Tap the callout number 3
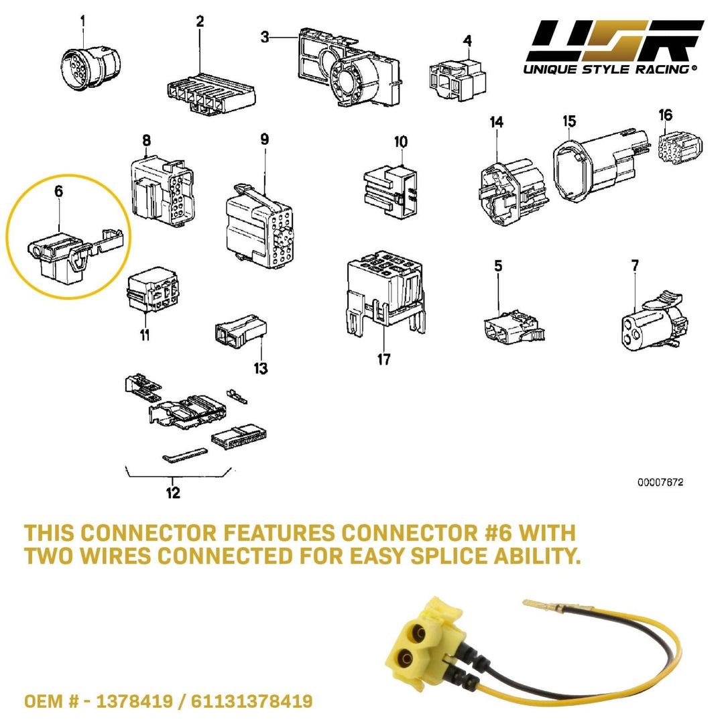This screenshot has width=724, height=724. coord(265,37)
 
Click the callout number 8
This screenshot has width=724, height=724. coord(146,140)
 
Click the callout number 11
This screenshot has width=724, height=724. coord(145,334)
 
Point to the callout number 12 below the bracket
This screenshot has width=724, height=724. coord(173,493)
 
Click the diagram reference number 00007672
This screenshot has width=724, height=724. coord(661,482)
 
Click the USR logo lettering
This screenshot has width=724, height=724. coord(614,42)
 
